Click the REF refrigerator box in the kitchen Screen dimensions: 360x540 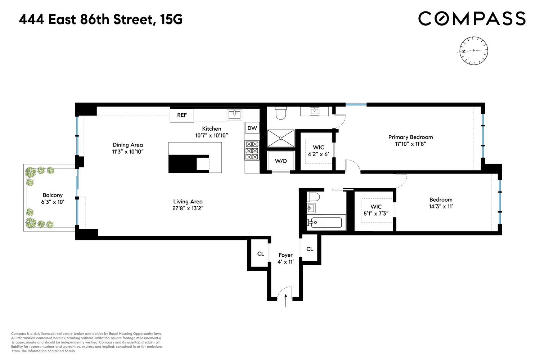coord(182,115)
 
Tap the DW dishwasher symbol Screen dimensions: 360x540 coord(252,128)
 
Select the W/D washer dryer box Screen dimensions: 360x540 coord(281,161)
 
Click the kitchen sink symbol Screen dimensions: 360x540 coord(234,115)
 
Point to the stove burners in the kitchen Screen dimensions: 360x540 coord(252,150)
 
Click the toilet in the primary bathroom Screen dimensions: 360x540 coord(280,113)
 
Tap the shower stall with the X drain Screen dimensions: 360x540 coord(280,138)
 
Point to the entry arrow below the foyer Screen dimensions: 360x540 coord(286,301)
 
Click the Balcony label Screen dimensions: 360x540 coord(53,195)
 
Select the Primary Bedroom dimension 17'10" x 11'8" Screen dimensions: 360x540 coord(410,144)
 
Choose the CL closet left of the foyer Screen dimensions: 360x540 coord(261,254)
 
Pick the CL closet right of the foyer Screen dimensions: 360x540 coord(310,249)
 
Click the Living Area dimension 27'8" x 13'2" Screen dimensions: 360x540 coord(188,208)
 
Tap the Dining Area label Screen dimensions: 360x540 coord(128,145)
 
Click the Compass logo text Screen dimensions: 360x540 coord(472,19)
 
